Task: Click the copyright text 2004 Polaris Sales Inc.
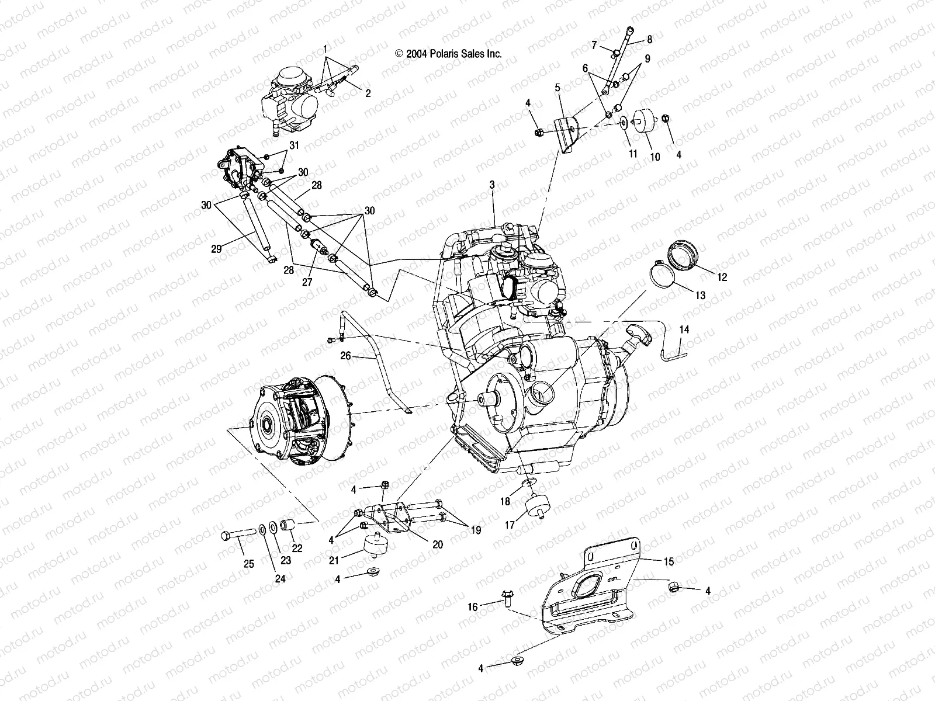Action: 448,53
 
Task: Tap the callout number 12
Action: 722,277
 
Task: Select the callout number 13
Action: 701,296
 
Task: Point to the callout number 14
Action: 684,330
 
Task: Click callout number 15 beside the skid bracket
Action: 669,562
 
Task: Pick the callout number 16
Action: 473,608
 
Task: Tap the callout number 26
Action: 345,355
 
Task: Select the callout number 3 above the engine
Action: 492,185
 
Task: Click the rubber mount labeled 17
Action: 536,506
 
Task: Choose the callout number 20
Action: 438,544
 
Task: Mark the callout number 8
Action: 649,40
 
